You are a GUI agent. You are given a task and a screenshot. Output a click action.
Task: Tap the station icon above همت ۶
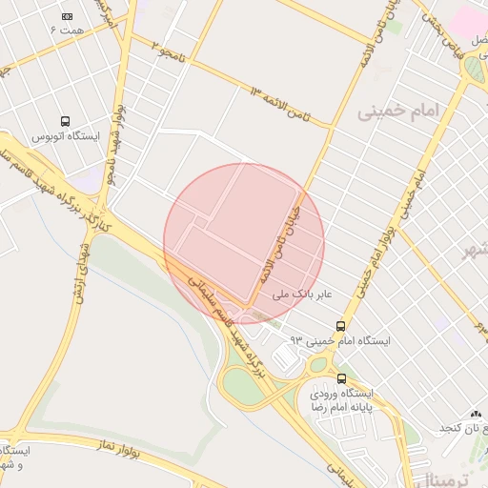[67, 16]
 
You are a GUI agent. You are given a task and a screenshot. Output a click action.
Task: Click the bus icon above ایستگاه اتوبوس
[66, 121]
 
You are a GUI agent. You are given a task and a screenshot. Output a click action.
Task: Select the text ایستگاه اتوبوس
[66, 137]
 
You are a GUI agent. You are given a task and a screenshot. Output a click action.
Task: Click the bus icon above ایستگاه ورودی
[342, 378]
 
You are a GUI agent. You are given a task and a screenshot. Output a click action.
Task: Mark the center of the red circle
[244, 244]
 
